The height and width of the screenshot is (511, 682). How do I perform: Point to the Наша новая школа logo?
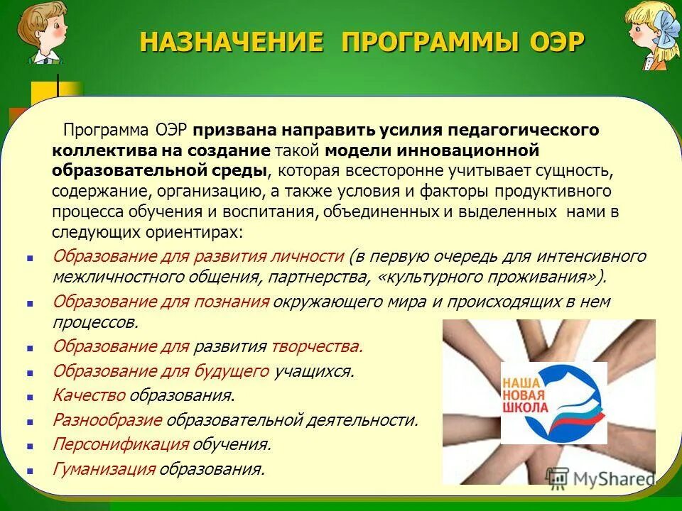pos(553,402)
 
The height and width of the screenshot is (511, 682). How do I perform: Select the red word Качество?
pos(89,395)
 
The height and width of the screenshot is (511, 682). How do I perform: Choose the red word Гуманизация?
pos(104,468)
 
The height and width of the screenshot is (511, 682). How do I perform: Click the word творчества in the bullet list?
pos(317,346)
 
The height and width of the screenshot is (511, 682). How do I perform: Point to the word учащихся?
pos(313,371)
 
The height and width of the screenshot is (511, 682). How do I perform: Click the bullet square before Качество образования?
pos(30,397)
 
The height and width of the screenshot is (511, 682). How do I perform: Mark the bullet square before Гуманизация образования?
pos(30,470)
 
